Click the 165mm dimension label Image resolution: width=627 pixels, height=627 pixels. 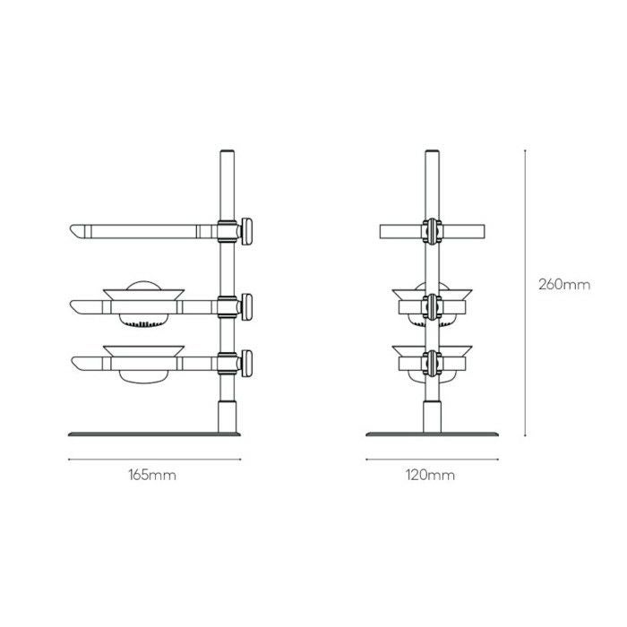click(x=152, y=475)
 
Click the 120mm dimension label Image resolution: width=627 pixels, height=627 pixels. click(x=430, y=475)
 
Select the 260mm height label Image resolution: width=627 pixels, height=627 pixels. click(x=564, y=285)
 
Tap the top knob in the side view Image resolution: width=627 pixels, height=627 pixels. click(x=246, y=231)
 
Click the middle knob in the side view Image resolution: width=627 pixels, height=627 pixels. click(x=246, y=307)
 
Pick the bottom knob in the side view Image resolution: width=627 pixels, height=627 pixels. click(x=246, y=364)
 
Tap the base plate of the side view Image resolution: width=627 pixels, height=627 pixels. click(x=154, y=434)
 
